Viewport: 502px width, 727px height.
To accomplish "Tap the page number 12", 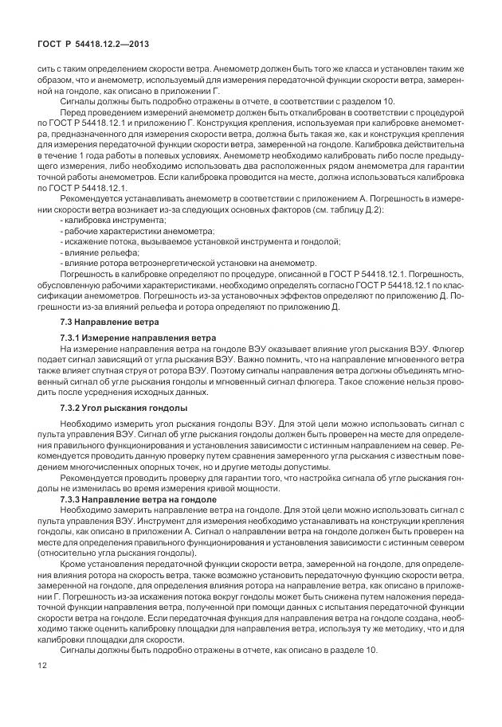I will (41, 686).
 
